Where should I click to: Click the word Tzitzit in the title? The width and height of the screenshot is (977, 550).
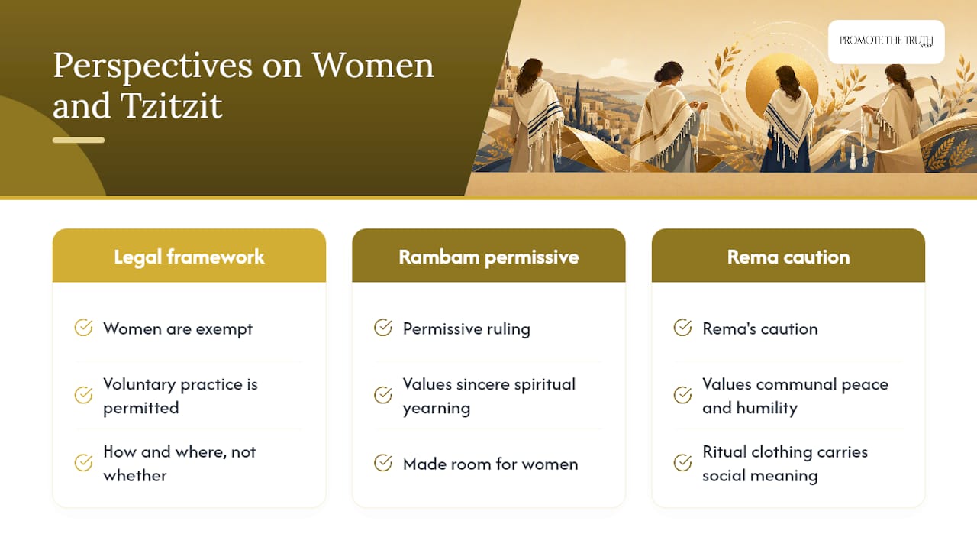(x=172, y=105)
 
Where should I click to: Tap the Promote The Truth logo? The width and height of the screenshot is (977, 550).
(x=886, y=41)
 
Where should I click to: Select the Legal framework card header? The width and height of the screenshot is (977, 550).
(x=189, y=256)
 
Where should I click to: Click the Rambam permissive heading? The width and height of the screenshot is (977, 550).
(x=488, y=257)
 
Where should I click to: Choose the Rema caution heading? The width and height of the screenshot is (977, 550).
(x=788, y=257)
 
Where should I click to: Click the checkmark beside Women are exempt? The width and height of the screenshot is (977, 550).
(x=83, y=328)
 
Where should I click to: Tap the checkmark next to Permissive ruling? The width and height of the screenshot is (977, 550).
(x=383, y=328)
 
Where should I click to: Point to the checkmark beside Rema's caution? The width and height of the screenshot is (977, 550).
(x=682, y=328)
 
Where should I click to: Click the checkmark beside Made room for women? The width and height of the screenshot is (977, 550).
(x=383, y=463)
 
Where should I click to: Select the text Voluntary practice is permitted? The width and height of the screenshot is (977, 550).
(x=180, y=396)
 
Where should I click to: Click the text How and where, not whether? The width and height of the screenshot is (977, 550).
(x=179, y=464)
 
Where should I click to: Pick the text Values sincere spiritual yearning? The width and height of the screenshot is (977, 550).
(x=489, y=396)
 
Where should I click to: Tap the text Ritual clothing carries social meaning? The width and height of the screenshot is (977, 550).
(x=785, y=464)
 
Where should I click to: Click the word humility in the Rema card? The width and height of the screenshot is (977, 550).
(x=767, y=408)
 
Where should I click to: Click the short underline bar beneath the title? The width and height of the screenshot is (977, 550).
(x=79, y=140)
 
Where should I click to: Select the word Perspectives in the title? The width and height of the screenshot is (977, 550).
(x=153, y=66)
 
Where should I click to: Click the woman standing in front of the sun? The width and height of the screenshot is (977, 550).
(x=787, y=120)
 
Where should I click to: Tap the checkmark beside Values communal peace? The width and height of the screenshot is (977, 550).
(x=682, y=395)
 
